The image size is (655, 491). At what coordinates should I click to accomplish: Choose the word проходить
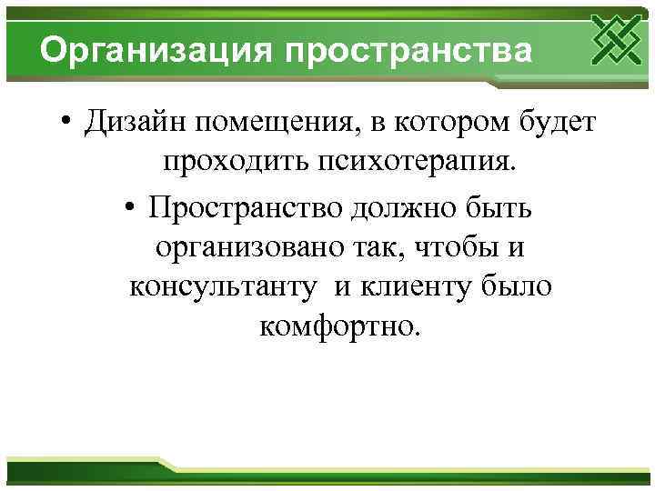pos(234,164)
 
